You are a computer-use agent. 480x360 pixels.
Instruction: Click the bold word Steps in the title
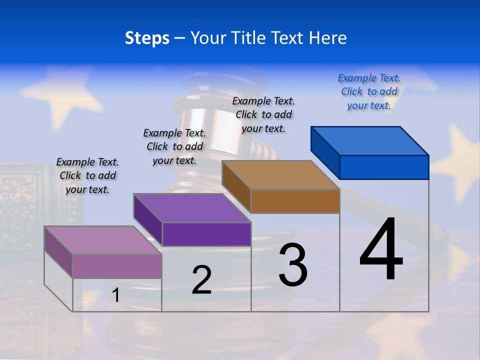pyautogui.click(x=147, y=38)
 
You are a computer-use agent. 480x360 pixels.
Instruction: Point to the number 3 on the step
pyautogui.click(x=293, y=264)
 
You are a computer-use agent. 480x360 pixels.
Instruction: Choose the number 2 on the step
pyautogui.click(x=201, y=279)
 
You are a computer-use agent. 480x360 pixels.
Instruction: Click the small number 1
pyautogui.click(x=115, y=295)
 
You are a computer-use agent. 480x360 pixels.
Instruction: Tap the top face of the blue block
pyautogui.click(x=370, y=140)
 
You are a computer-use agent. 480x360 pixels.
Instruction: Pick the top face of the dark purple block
pyautogui.click(x=192, y=208)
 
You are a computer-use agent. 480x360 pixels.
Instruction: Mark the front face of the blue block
pyautogui.click(x=384, y=167)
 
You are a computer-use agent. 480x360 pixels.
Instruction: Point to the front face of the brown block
pyautogui.click(x=295, y=201)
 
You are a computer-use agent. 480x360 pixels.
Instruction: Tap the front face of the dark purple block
pyautogui.click(x=206, y=234)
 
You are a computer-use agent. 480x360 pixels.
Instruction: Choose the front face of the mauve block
pyautogui.click(x=117, y=266)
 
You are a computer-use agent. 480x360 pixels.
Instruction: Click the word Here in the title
pyautogui.click(x=328, y=38)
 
